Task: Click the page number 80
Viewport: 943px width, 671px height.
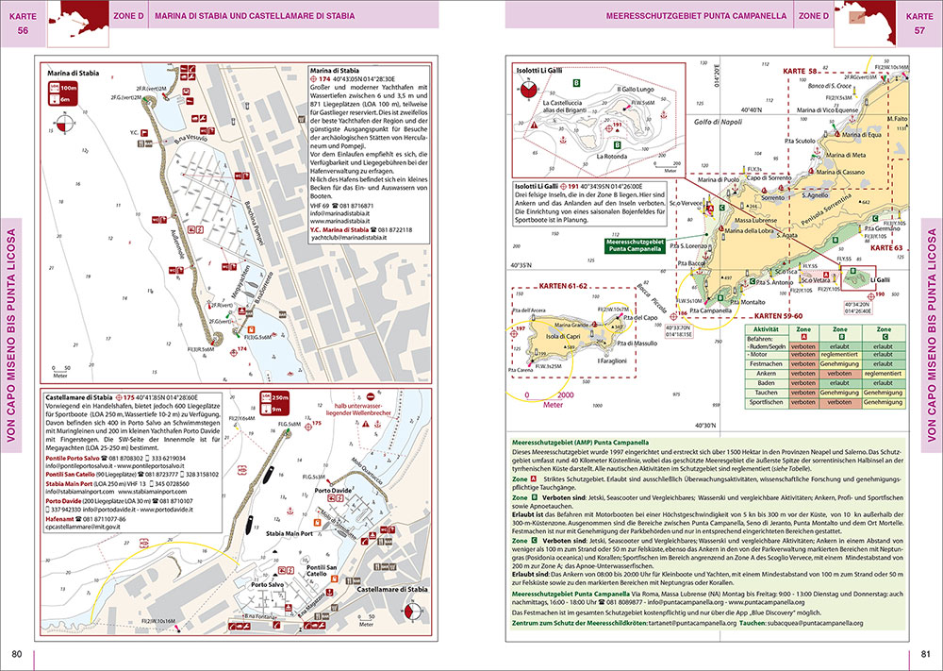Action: [17, 655]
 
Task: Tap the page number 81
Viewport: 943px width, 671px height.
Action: [925, 655]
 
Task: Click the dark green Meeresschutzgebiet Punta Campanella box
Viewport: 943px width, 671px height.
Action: [634, 245]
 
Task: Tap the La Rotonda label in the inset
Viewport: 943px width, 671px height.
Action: [610, 157]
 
